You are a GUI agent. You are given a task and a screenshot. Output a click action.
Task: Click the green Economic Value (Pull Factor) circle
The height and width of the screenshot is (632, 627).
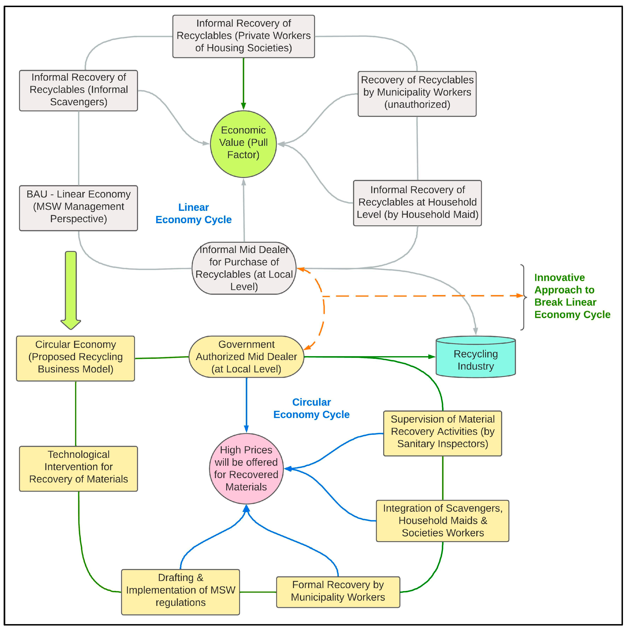pyautogui.click(x=243, y=144)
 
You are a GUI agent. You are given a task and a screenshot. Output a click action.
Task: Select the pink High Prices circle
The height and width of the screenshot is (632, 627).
pyautogui.click(x=246, y=468)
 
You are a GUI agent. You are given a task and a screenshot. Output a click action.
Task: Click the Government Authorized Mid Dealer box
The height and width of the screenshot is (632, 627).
pyautogui.click(x=246, y=357)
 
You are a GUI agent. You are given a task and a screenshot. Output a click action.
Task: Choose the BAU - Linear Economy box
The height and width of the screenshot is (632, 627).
pyautogui.click(x=79, y=208)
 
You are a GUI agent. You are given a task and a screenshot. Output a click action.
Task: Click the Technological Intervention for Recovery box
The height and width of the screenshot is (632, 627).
pyautogui.click(x=79, y=468)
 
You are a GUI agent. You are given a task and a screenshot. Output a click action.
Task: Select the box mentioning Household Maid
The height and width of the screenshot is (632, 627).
pyautogui.click(x=417, y=203)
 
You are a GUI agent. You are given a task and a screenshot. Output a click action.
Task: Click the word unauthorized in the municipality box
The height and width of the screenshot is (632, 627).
pyautogui.click(x=417, y=105)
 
